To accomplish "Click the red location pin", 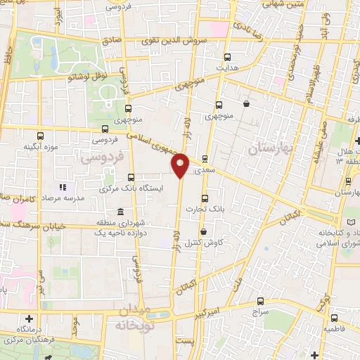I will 180,164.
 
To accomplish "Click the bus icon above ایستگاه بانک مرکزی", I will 131,178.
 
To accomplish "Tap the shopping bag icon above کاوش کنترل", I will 203,231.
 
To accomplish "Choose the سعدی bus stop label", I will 204,169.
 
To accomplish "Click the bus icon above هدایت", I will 226,58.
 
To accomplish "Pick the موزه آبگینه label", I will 41,146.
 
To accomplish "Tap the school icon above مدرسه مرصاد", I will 61,187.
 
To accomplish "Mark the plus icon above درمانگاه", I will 29,318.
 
